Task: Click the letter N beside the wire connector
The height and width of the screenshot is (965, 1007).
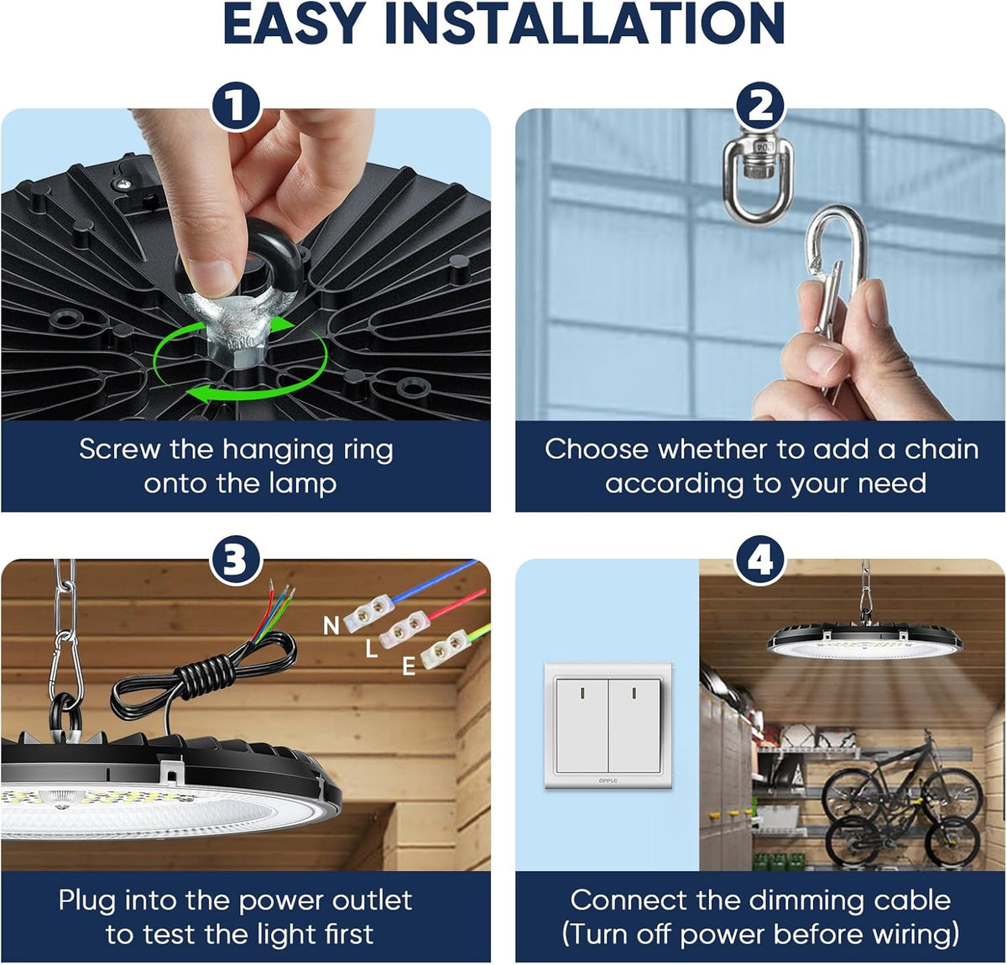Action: (x=331, y=626)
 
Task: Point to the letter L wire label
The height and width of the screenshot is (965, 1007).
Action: (x=371, y=649)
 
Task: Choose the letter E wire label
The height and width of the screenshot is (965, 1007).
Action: (x=409, y=667)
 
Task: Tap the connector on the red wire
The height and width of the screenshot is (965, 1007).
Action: (x=405, y=629)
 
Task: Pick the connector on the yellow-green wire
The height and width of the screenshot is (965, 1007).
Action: (x=445, y=649)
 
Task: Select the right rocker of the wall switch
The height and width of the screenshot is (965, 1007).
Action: (x=635, y=727)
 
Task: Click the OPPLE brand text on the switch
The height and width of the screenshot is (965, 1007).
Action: (x=608, y=780)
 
